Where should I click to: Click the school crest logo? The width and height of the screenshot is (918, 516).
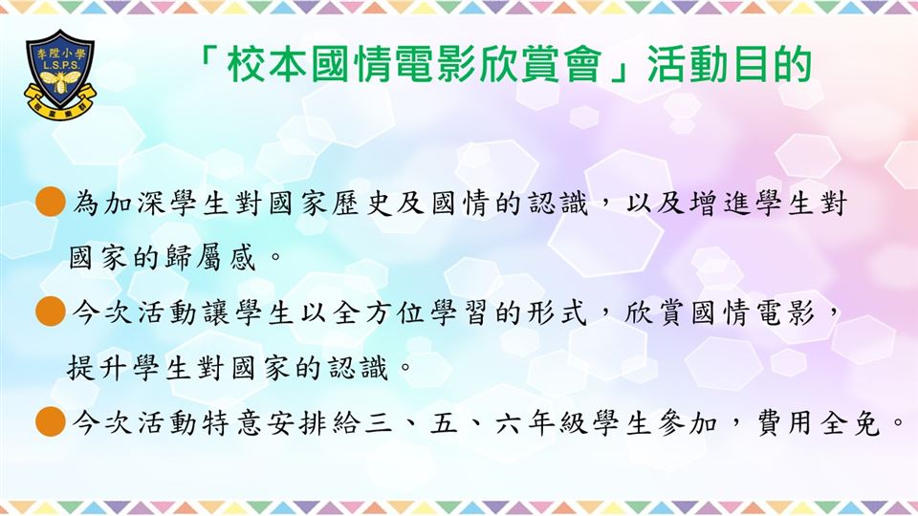(59, 74)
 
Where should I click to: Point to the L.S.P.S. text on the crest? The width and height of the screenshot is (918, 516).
(60, 65)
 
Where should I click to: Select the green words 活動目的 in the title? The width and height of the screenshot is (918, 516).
(730, 64)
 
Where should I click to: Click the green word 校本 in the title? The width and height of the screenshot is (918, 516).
(267, 64)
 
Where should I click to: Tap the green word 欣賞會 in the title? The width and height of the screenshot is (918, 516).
(538, 64)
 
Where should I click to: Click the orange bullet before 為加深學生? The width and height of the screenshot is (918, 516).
(51, 203)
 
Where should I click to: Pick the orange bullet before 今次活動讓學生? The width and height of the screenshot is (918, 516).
(51, 312)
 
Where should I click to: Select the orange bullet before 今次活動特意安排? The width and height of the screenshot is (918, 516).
(51, 421)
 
